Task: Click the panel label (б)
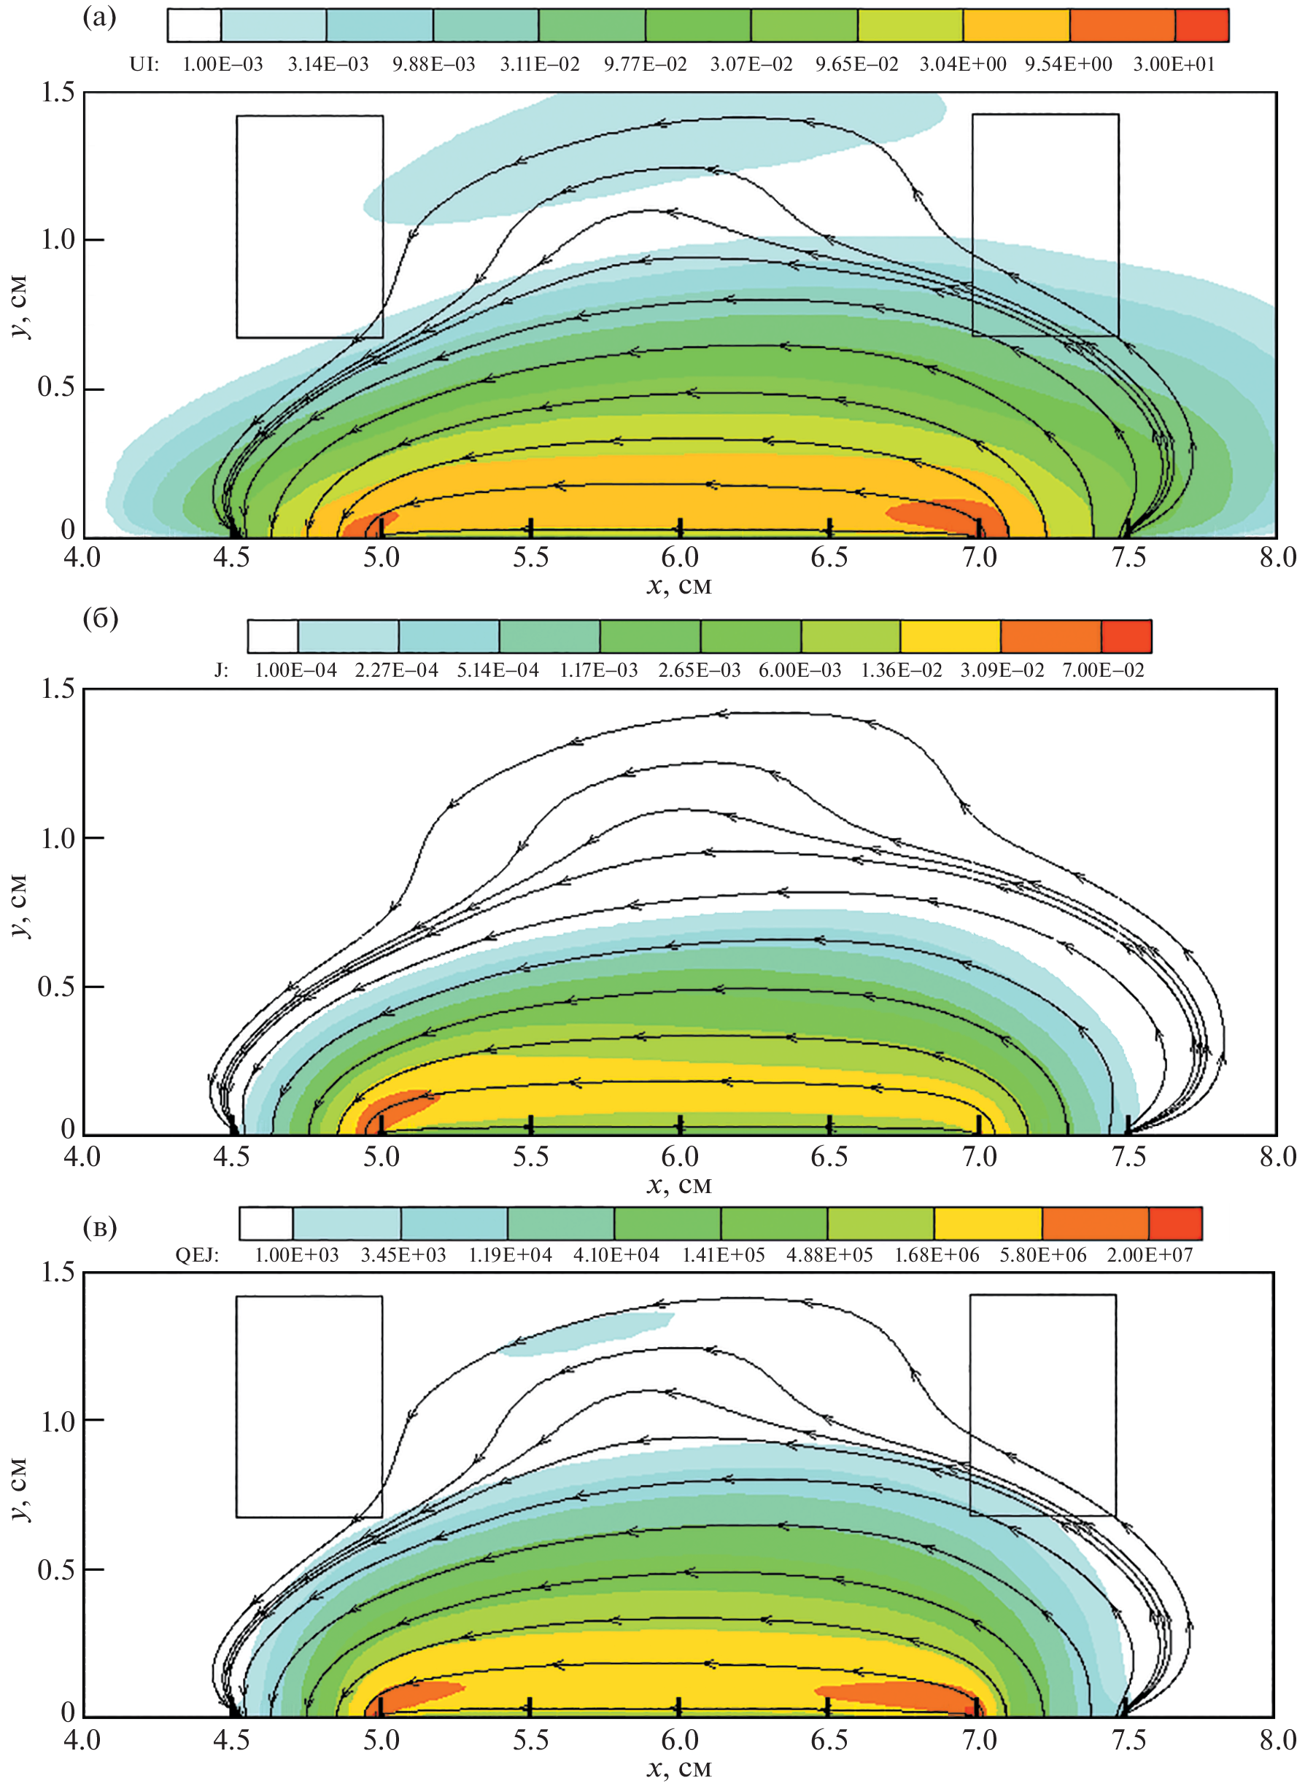click(x=100, y=619)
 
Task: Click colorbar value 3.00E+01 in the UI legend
click(x=1174, y=65)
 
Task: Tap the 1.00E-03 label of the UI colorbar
click(x=223, y=65)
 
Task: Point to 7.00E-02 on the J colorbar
click(x=1102, y=671)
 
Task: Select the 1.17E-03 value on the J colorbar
click(x=598, y=671)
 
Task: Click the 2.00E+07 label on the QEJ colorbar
click(x=1150, y=1255)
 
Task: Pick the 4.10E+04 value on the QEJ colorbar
click(x=616, y=1255)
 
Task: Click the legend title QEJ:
click(x=197, y=1255)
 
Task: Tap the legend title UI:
click(x=144, y=65)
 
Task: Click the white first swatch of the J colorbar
click(x=273, y=636)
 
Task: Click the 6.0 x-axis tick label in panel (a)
click(x=680, y=558)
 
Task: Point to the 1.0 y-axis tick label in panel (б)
click(x=59, y=838)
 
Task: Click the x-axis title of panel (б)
click(x=679, y=1185)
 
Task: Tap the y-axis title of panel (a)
click(x=20, y=307)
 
